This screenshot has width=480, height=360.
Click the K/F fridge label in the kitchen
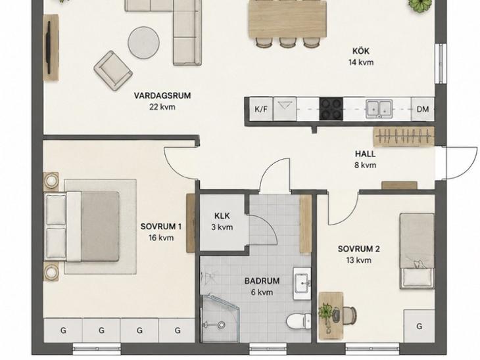(x=261, y=109)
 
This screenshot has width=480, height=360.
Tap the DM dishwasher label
(x=423, y=109)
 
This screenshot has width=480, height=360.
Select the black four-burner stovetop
(x=331, y=108)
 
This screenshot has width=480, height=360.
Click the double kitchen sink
(x=379, y=109)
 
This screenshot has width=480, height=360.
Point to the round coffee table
(x=143, y=43)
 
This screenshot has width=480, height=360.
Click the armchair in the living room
(x=113, y=71)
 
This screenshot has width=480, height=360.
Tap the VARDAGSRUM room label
(x=162, y=95)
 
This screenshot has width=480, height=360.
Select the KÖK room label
(x=361, y=51)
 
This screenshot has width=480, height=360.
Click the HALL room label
(x=365, y=154)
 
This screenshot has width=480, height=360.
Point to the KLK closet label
(x=222, y=216)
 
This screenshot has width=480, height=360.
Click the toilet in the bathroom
(x=299, y=321)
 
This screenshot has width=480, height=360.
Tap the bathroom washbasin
(x=302, y=284)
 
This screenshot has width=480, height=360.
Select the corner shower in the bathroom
(x=220, y=318)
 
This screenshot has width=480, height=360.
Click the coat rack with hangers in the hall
(x=404, y=136)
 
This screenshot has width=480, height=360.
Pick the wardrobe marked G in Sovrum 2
(x=419, y=326)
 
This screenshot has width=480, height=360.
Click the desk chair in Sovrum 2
(x=349, y=314)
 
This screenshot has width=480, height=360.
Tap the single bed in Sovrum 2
(x=417, y=251)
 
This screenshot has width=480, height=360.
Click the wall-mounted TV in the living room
(x=49, y=47)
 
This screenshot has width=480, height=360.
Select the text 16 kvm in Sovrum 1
(x=161, y=238)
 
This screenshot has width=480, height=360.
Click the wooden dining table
(x=287, y=19)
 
